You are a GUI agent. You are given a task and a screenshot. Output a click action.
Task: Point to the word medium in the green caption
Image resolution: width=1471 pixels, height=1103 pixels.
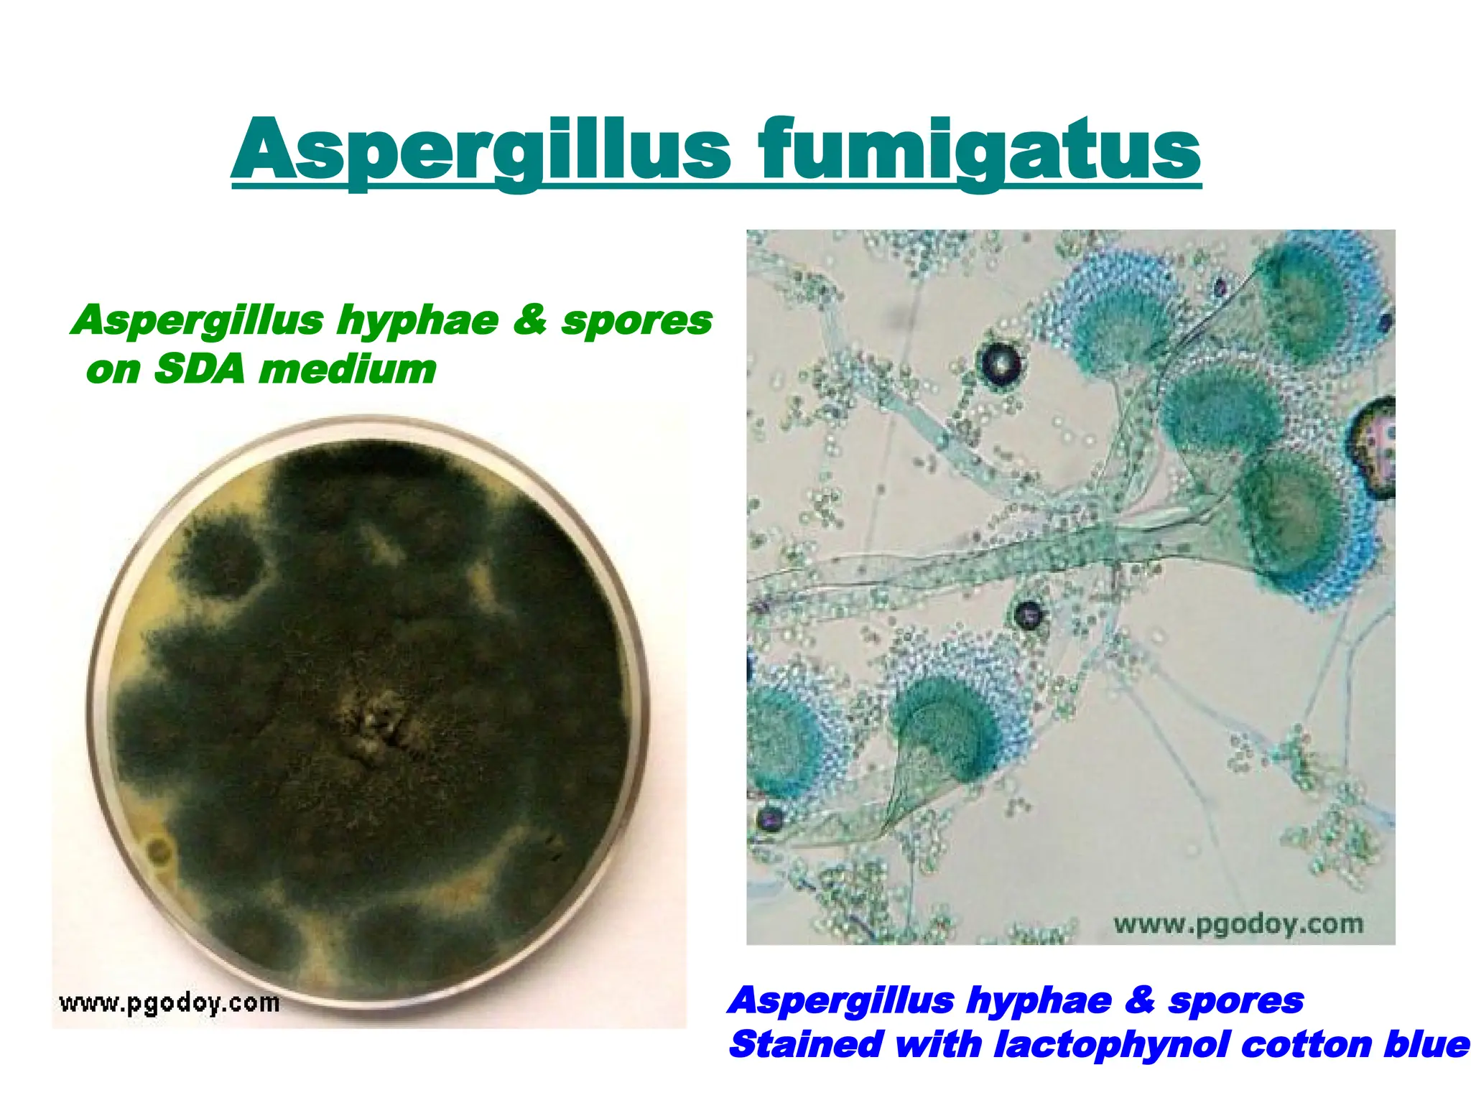tap(348, 369)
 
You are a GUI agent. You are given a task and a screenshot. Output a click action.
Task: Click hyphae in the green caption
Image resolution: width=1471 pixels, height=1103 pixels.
tap(417, 320)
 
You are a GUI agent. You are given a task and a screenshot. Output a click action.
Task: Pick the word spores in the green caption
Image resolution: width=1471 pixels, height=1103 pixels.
tap(636, 320)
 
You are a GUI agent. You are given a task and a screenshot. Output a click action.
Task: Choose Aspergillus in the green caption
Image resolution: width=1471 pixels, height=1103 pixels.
tap(198, 320)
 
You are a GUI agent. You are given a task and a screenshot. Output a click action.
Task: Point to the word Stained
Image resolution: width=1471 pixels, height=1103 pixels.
tap(805, 1044)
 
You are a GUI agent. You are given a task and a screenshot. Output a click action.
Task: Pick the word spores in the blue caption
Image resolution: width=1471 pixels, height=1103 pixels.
tap(1235, 1000)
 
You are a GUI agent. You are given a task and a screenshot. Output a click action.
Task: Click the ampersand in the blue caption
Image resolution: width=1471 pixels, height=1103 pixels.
tap(1139, 1000)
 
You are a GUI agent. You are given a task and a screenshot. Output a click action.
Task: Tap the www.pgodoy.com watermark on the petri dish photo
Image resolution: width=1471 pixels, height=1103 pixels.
tap(170, 1002)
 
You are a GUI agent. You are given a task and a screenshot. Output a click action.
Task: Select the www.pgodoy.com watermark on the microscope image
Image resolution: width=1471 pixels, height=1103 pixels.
tap(1238, 923)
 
